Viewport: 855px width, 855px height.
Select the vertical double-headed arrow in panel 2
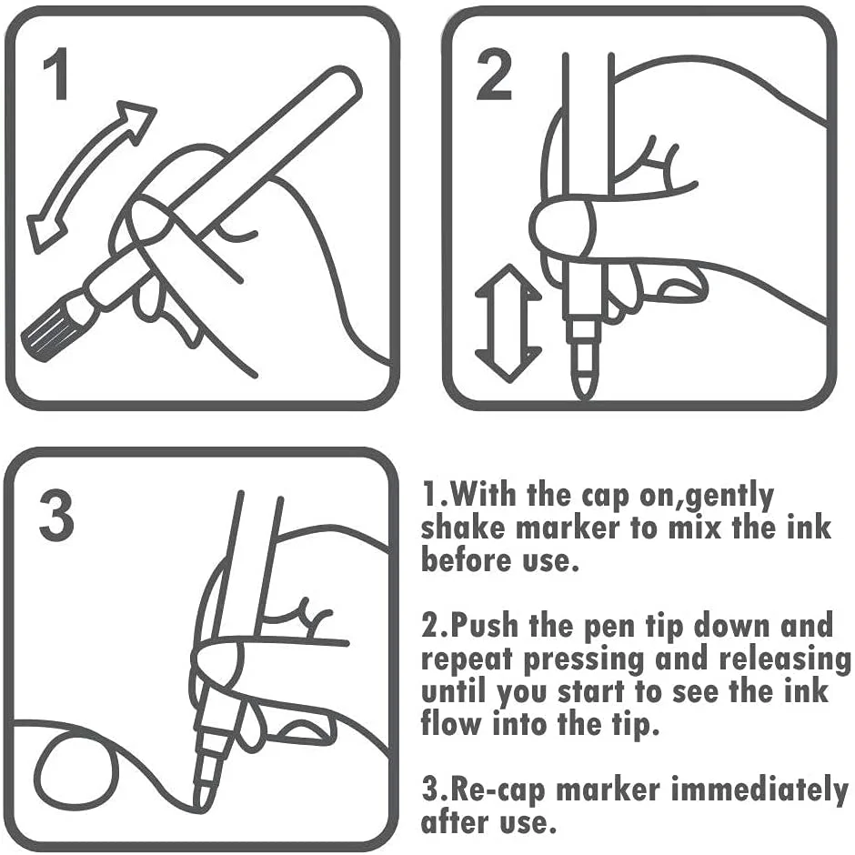click(507, 323)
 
